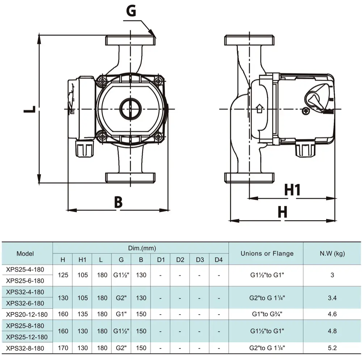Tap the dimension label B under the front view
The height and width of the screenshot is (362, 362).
pos(118,202)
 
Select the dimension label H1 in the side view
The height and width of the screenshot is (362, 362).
pos(292,190)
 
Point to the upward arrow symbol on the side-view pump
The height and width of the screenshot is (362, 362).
pos(258,109)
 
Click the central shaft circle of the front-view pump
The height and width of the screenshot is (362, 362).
pos(130,109)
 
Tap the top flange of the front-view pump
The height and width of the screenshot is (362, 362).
pos(130,40)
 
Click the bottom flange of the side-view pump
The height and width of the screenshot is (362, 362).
pos(249,177)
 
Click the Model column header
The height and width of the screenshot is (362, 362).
pos(25,253)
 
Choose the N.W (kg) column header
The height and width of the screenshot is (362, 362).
pos(332,253)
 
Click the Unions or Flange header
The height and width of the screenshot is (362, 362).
pos(267,253)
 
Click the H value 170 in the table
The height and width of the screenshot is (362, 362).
pos(63,348)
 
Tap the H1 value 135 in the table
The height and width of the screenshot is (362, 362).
pos(83,314)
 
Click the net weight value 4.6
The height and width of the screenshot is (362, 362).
pos(332,314)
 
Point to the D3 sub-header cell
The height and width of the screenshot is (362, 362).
pos(199,260)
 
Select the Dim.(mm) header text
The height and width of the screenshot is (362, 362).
pos(142,248)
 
